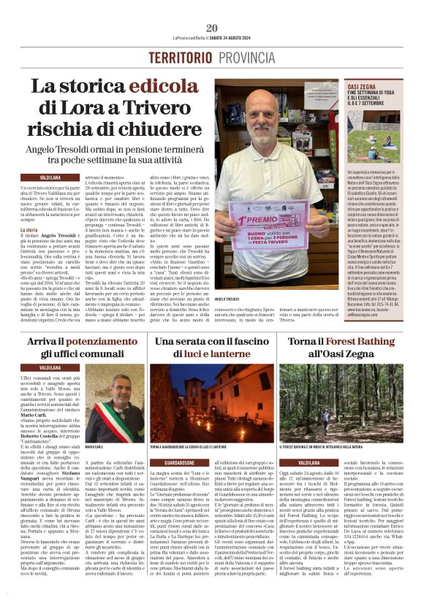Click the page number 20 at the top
click(x=212, y=28)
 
